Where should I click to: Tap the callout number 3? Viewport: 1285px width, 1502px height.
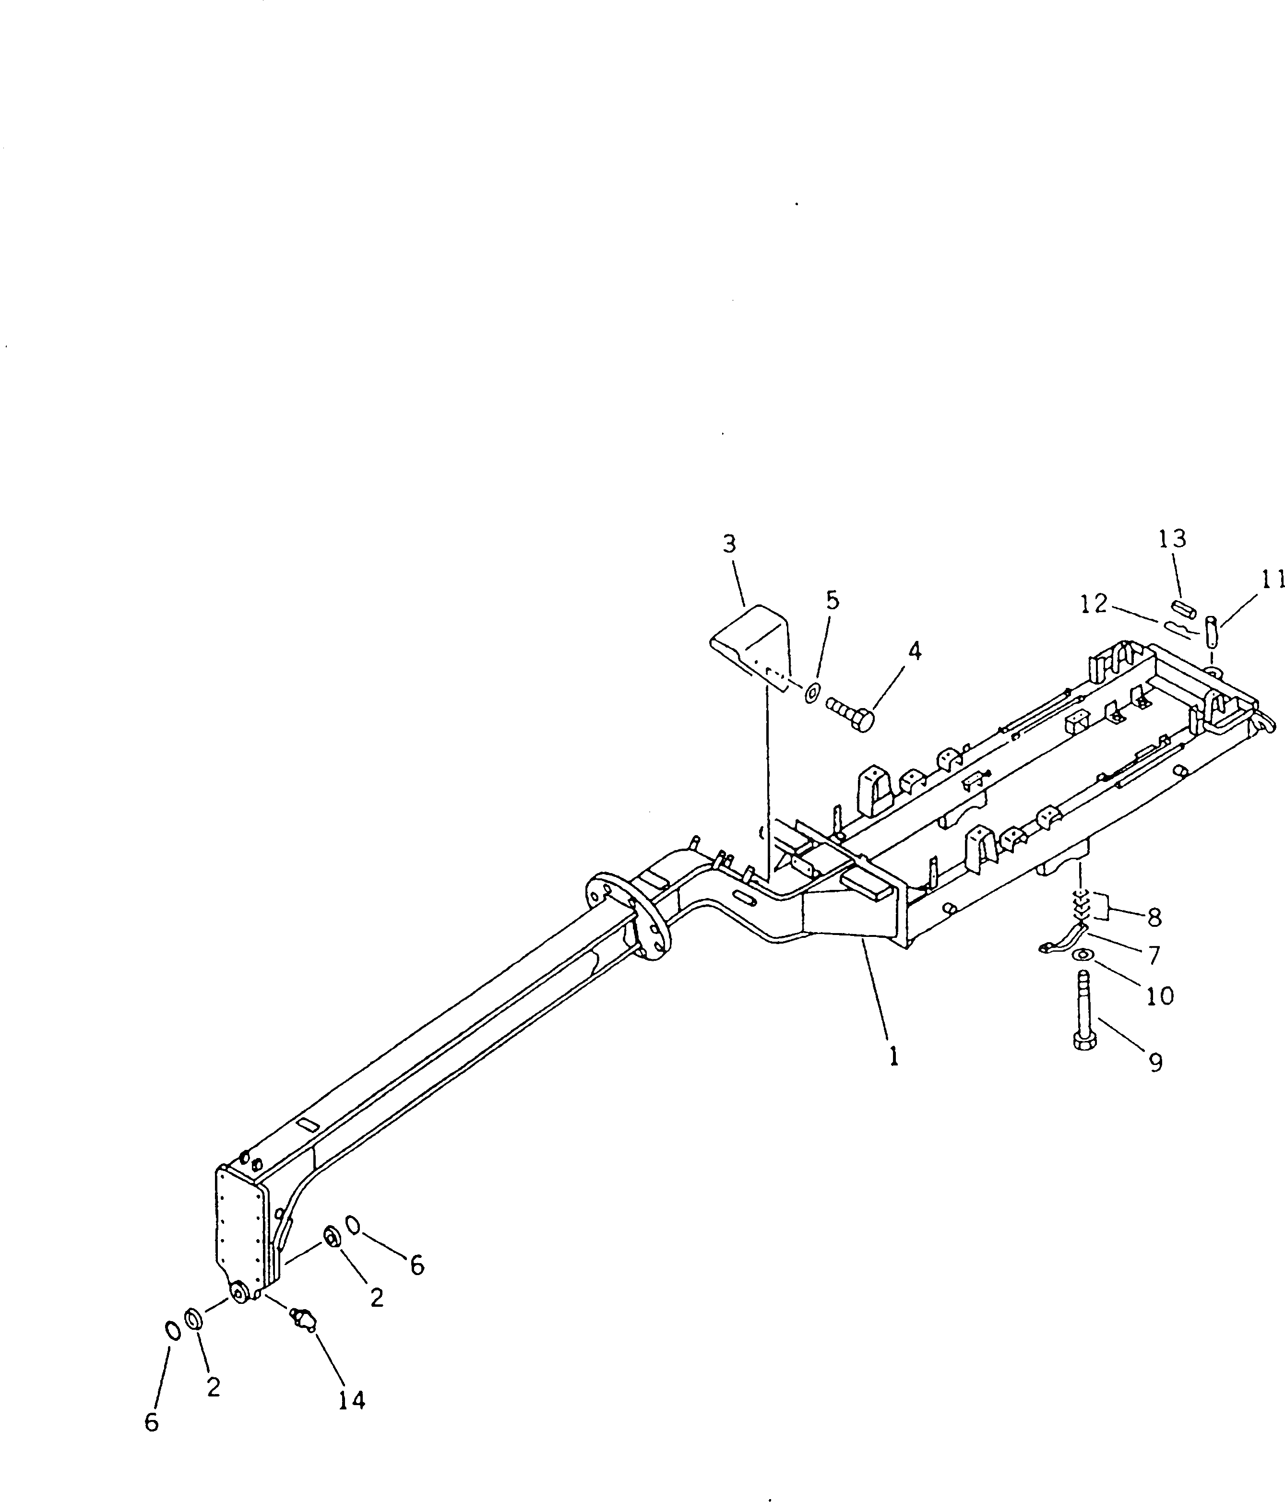point(729,544)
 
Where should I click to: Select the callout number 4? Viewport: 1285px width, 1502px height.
point(915,651)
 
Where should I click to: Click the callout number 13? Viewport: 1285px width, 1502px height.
point(1172,539)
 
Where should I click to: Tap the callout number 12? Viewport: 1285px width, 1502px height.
point(1095,603)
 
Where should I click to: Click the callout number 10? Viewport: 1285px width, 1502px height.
point(1160,996)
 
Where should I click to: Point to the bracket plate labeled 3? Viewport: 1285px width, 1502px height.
point(750,644)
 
